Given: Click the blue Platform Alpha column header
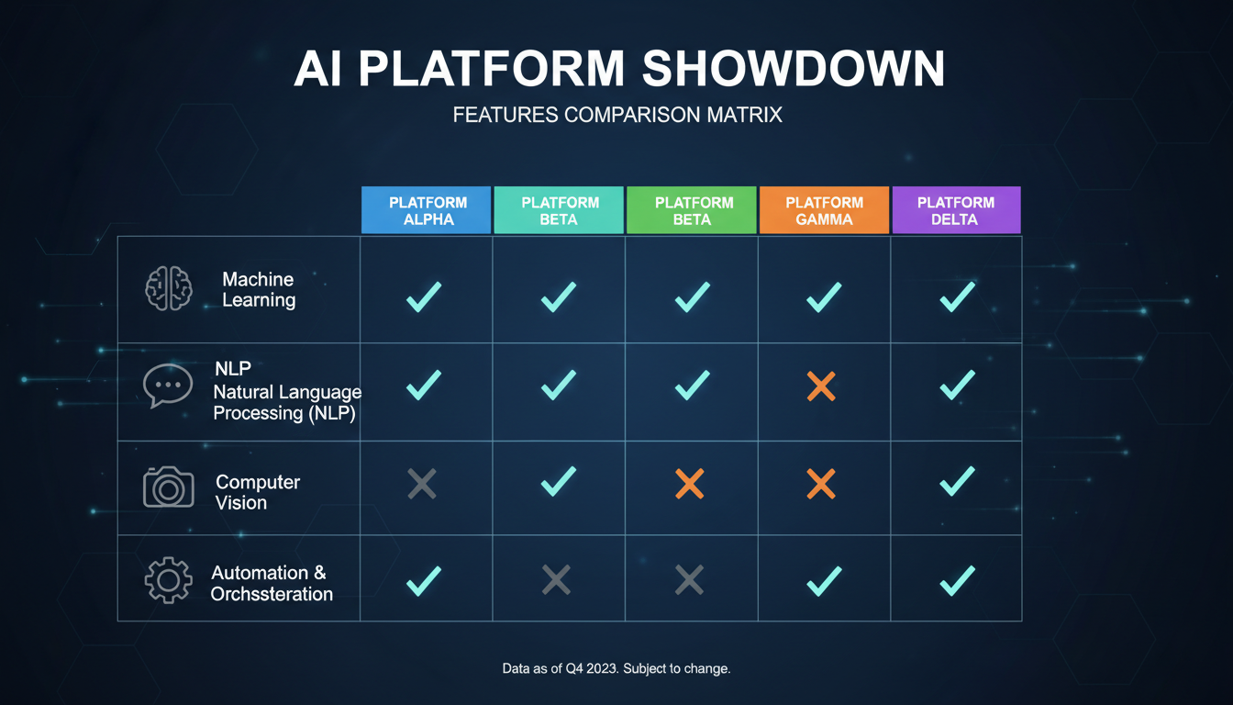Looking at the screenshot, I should (427, 210).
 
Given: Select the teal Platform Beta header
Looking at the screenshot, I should (559, 210).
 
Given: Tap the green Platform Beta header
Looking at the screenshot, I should (692, 210).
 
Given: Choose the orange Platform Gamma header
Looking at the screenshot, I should (824, 210).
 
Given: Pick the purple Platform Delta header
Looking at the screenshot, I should (955, 210).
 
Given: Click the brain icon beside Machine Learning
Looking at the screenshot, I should (169, 289).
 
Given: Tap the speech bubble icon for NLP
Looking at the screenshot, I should (168, 386).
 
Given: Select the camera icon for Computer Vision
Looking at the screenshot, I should (169, 487).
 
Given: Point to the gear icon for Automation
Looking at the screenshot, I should (169, 580).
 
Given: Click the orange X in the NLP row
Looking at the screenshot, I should (821, 386).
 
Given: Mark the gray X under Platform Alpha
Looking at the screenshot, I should (422, 484).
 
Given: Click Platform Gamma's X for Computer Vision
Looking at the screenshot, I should (821, 484).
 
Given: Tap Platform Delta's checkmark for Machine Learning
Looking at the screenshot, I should (957, 296).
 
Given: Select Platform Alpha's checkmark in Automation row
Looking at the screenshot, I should (423, 580).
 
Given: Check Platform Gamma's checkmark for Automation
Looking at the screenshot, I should (823, 580).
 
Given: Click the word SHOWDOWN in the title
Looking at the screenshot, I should (792, 69).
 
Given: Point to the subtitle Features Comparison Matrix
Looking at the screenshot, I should (616, 116).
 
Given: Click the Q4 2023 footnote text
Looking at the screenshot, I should (616, 668).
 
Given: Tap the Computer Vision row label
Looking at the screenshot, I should (258, 492).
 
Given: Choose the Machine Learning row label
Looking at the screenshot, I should (259, 289).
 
